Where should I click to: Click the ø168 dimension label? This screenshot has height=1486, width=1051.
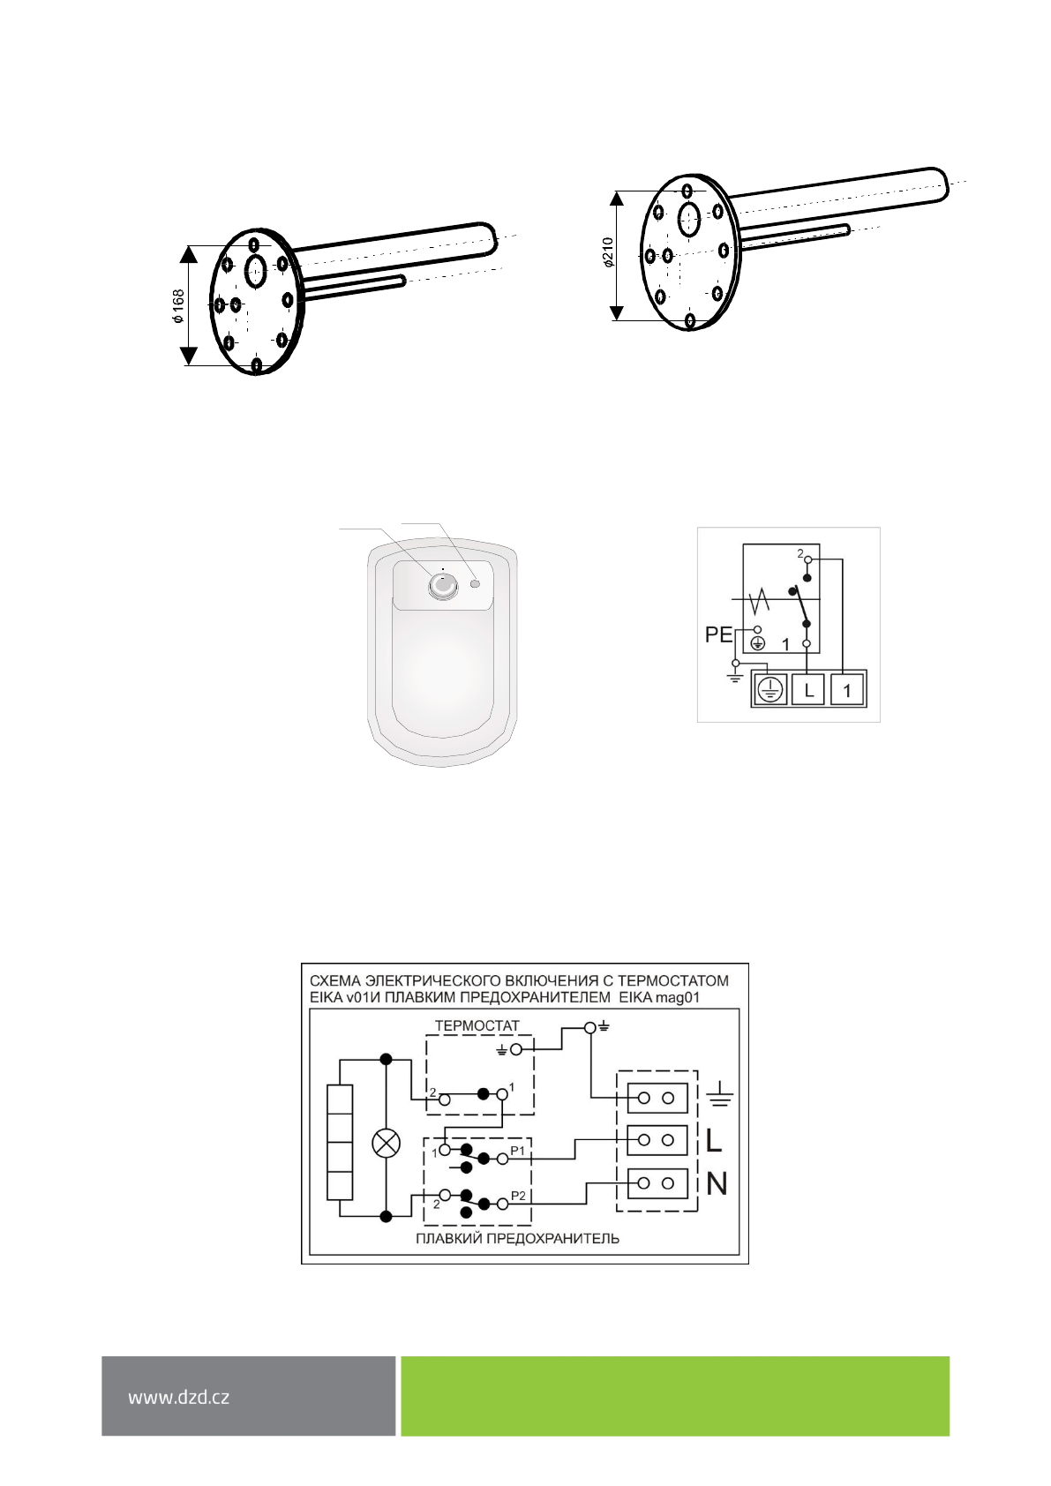point(178,306)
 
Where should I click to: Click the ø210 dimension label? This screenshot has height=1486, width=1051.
point(608,252)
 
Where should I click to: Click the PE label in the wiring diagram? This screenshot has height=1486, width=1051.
point(718,634)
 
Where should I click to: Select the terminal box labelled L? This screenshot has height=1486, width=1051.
point(808,690)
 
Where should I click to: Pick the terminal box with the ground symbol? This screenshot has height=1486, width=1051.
point(769,690)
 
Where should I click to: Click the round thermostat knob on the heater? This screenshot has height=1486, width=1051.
point(442,587)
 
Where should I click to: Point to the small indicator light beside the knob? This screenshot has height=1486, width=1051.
point(475,583)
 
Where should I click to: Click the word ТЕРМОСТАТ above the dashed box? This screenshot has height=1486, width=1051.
point(477,1025)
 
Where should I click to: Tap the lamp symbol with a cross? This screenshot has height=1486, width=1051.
point(387,1144)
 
